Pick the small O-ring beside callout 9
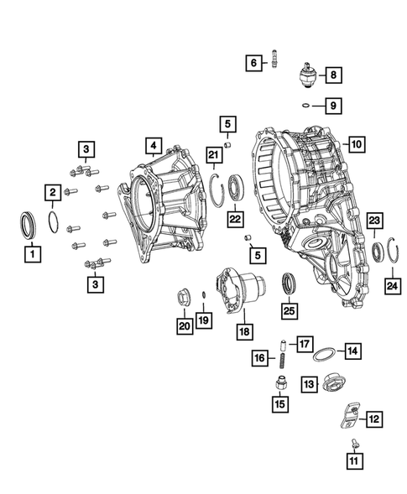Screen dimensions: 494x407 pyautogui.click(x=306, y=106)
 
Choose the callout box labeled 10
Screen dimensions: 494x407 pyautogui.click(x=356, y=144)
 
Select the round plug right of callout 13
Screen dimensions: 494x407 pyautogui.click(x=332, y=384)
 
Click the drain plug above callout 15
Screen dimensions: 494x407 pyautogui.click(x=279, y=384)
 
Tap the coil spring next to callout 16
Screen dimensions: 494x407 pyautogui.click(x=283, y=360)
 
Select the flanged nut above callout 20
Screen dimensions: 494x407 pyautogui.click(x=184, y=297)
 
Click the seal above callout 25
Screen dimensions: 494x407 pyautogui.click(x=289, y=283)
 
